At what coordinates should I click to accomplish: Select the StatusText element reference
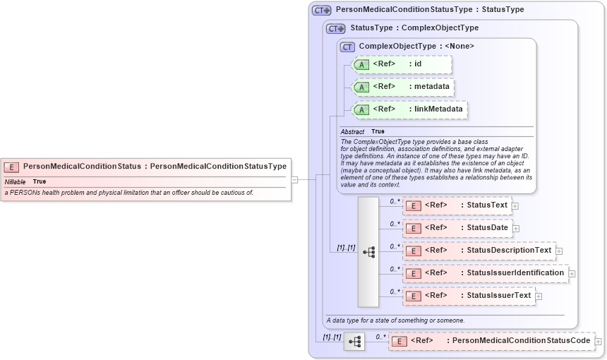point(457,205)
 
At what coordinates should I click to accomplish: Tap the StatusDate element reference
point(457,228)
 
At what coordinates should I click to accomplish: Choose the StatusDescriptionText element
point(479,251)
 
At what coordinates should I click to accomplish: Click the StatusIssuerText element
point(468,296)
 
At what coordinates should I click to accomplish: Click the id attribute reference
point(402,64)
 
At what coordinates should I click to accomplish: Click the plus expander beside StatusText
point(515,206)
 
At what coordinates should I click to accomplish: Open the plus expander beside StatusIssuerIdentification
point(572,274)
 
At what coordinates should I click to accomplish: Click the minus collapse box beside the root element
point(294,179)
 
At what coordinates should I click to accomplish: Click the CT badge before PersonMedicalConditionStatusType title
point(321,11)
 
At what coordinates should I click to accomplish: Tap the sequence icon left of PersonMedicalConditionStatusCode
point(354,342)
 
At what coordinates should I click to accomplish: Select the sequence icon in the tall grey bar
point(368,251)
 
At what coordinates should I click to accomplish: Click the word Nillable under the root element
point(15,182)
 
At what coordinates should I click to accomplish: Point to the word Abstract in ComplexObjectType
point(352,132)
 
